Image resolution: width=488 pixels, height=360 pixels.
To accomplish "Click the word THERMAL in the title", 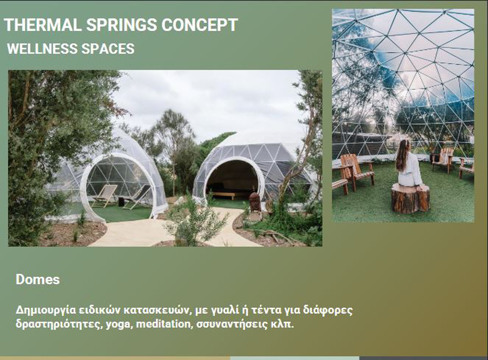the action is pyautogui.click(x=42, y=24).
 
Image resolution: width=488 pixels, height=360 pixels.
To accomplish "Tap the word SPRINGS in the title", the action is pyautogui.click(x=122, y=24).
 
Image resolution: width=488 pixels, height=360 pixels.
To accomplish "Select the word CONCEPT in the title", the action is pyautogui.click(x=200, y=24).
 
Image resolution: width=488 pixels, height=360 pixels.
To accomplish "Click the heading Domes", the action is pyautogui.click(x=38, y=280).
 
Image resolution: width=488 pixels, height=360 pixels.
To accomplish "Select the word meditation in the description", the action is pyautogui.click(x=163, y=324).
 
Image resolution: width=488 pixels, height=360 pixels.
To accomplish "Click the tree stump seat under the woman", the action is pyautogui.click(x=410, y=198).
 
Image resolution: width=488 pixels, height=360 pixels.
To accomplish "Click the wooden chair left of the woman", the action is pyautogui.click(x=357, y=171).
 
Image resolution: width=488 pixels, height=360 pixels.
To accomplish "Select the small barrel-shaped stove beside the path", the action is pyautogui.click(x=255, y=201).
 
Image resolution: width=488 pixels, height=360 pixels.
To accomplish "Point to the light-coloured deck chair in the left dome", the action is pyautogui.click(x=105, y=196).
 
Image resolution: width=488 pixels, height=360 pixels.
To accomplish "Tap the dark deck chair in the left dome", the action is pyautogui.click(x=137, y=198).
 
